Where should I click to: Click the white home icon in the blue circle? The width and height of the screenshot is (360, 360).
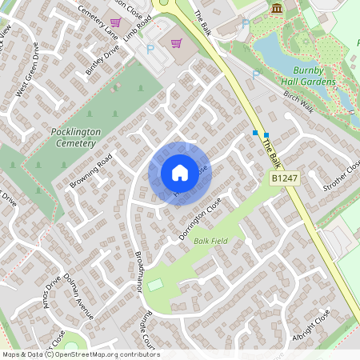coord(180,172)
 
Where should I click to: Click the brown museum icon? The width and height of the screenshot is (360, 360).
coord(277,8)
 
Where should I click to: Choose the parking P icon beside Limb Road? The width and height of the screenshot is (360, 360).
coord(150,50)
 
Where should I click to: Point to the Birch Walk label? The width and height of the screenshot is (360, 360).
coord(298,103)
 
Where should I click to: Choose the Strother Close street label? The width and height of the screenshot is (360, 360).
coord(342,175)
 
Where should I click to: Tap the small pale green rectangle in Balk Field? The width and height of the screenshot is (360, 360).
coord(154,284)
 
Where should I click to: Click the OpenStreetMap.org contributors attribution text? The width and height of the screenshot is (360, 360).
coord(108,354)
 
